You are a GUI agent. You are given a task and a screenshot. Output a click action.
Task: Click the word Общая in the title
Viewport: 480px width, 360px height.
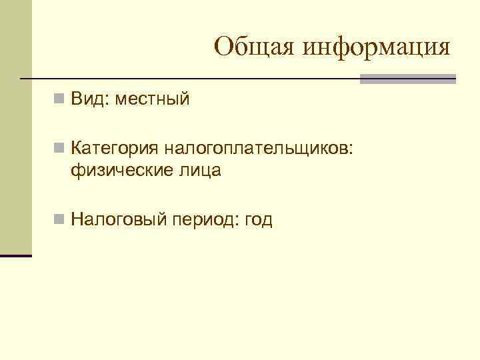coord(255,47)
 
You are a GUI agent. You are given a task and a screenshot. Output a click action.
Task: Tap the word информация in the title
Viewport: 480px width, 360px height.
coord(376,48)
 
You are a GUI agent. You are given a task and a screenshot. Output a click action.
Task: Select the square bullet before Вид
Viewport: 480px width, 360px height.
coord(59,100)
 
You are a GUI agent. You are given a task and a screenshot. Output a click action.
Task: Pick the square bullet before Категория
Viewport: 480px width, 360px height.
coord(59,147)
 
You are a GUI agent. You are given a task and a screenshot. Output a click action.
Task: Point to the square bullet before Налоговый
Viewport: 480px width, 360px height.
coord(59,219)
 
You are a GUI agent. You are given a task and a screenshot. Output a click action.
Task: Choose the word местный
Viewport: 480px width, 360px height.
coord(152,99)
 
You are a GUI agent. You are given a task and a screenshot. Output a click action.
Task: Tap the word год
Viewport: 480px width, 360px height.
coord(259,219)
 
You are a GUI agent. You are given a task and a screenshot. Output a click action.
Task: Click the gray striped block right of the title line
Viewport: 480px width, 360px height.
coord(408,79)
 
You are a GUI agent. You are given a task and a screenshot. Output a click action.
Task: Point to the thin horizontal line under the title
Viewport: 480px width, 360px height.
coord(193,79)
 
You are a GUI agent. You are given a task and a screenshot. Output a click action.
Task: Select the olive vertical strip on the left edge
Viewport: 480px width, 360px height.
coord(15,127)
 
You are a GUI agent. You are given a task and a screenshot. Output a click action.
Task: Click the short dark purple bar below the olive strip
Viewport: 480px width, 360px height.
coord(15,255)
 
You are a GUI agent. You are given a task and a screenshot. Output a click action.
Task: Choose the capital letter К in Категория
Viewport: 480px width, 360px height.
coord(76,147)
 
